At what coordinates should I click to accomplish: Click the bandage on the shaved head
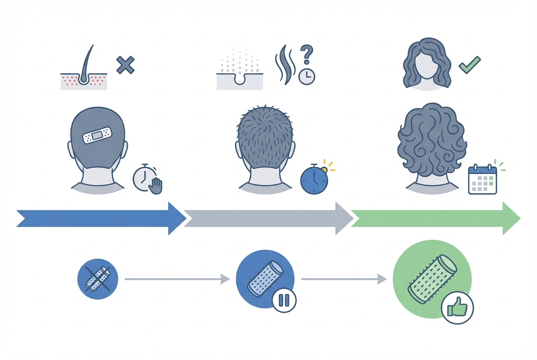click(x=98, y=135)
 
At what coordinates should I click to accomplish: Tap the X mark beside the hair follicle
click(x=125, y=65)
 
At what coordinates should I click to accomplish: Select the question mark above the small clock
click(x=306, y=55)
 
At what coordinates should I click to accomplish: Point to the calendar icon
click(x=482, y=180)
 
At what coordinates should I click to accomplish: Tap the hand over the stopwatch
click(x=157, y=186)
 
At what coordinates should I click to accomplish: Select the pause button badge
click(x=284, y=300)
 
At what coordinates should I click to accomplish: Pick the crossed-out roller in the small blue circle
click(x=97, y=278)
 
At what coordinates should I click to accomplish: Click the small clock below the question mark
click(x=306, y=76)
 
